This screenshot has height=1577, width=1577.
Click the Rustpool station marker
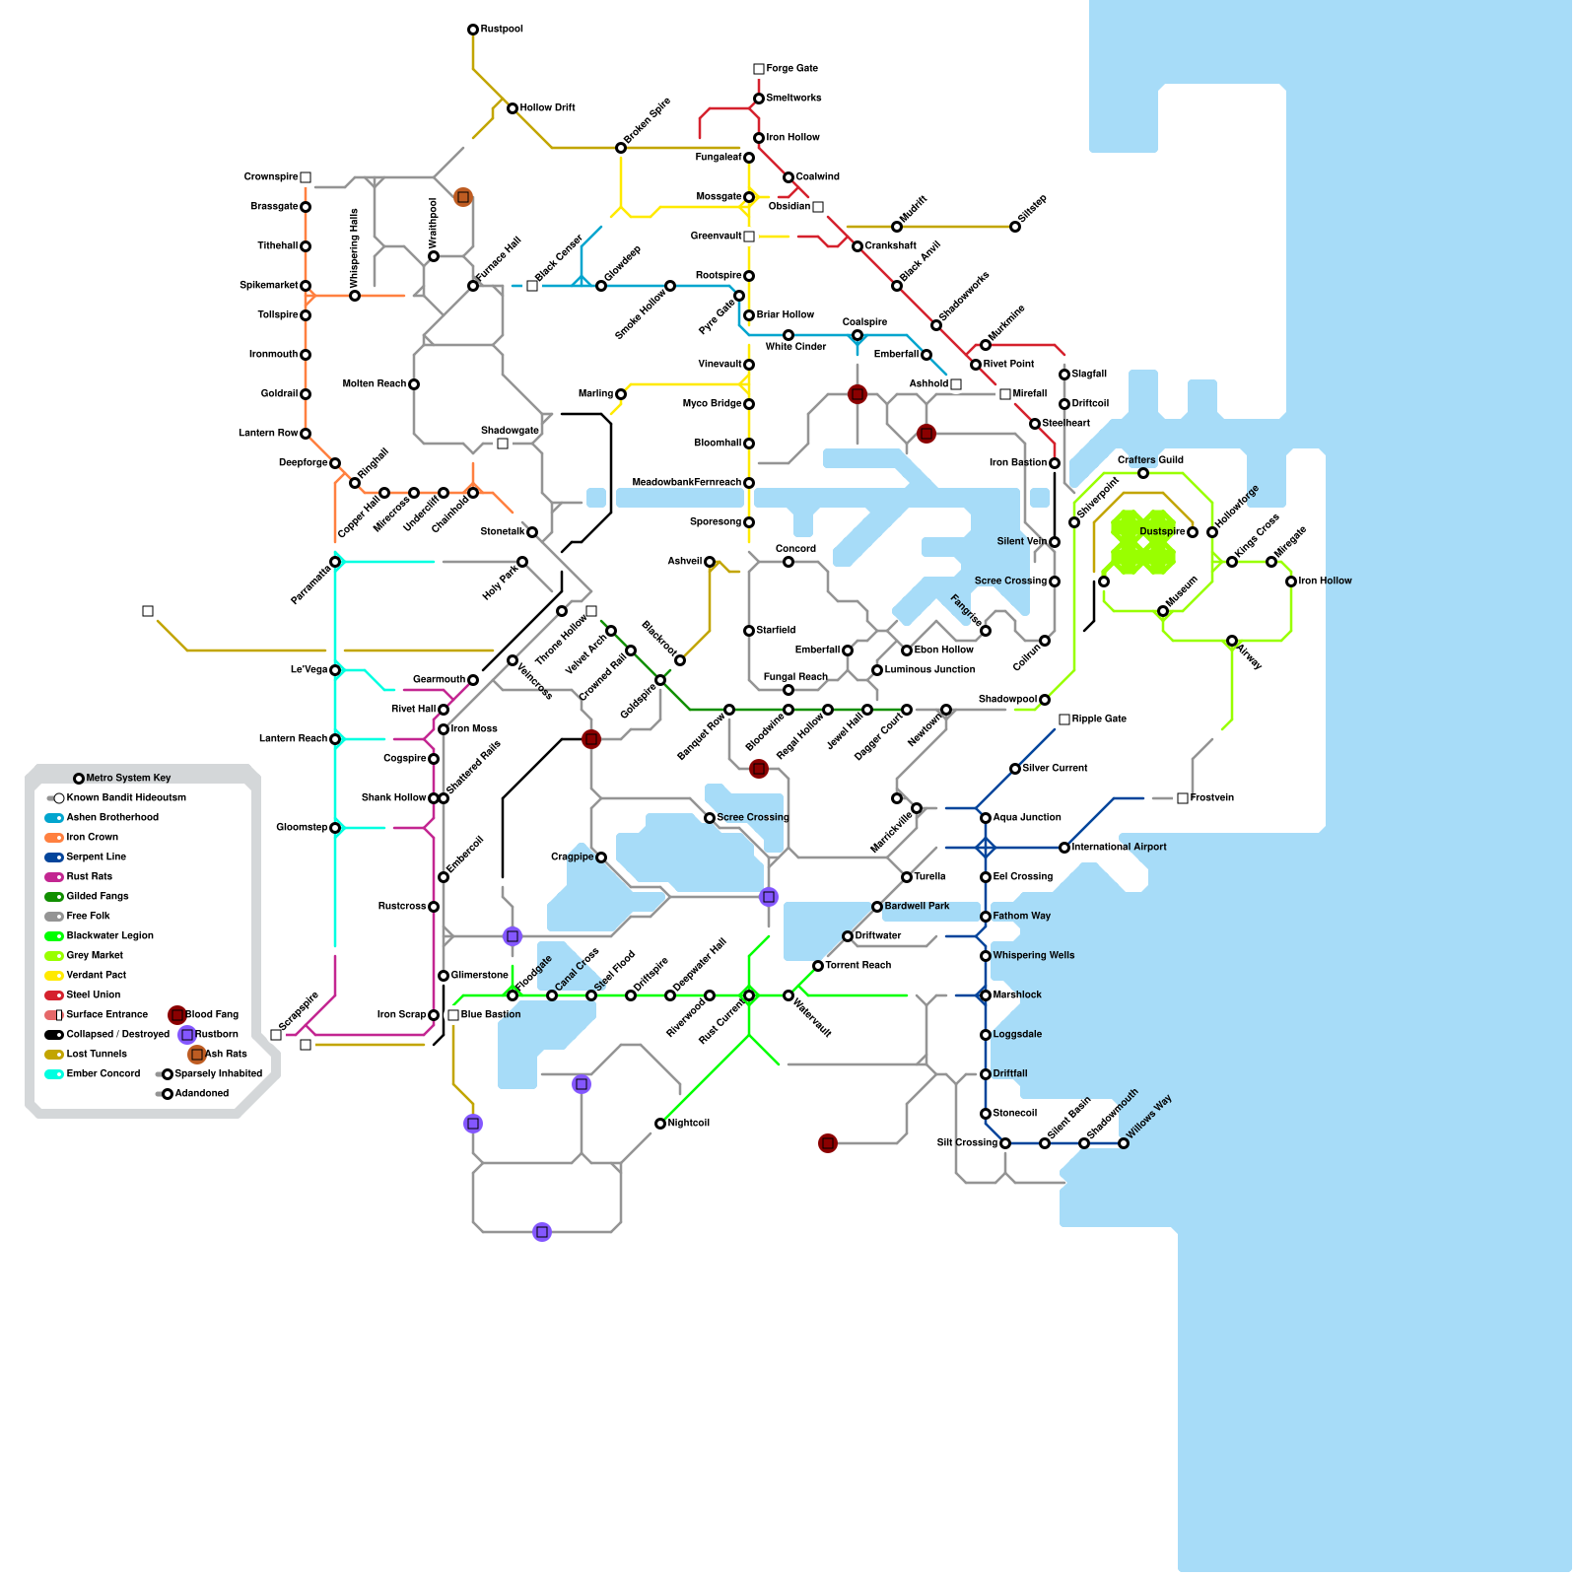click(473, 30)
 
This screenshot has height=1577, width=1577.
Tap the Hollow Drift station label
click(547, 107)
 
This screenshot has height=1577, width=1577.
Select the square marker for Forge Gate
click(759, 69)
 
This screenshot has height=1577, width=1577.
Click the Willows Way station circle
click(1124, 1143)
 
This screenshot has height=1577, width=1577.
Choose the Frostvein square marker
click(1183, 798)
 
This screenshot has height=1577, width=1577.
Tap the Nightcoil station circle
click(660, 1124)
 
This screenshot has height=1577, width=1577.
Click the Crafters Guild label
click(1150, 460)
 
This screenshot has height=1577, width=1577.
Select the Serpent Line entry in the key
click(96, 857)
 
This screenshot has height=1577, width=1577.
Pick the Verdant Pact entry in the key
click(96, 975)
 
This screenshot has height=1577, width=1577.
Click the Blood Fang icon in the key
click(177, 1014)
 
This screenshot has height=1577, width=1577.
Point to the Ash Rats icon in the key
click(197, 1054)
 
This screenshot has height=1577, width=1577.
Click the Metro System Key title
click(128, 778)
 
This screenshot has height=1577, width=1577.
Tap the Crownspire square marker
click(306, 177)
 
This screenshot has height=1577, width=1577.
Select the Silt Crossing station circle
click(1005, 1143)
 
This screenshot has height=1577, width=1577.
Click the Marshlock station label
click(1017, 994)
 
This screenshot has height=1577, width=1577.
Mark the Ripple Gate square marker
click(1064, 720)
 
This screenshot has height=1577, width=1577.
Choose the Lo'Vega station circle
click(335, 670)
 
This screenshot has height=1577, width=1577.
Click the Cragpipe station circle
click(601, 857)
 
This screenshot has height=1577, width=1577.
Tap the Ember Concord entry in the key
click(103, 1073)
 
